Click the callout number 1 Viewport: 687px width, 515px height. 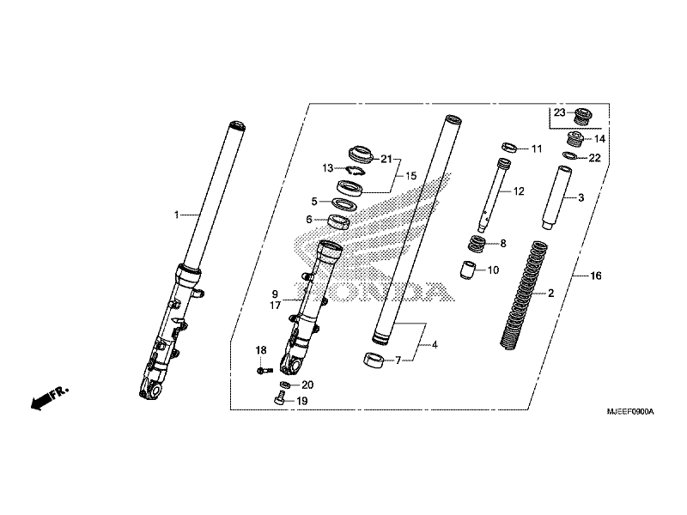pos(176,215)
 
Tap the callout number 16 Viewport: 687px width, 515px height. pos(594,276)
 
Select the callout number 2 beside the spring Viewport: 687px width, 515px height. pos(550,294)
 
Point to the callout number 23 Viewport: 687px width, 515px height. pos(559,113)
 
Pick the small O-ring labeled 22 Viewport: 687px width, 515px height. pos(569,156)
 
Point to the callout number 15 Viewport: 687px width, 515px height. pos(410,176)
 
